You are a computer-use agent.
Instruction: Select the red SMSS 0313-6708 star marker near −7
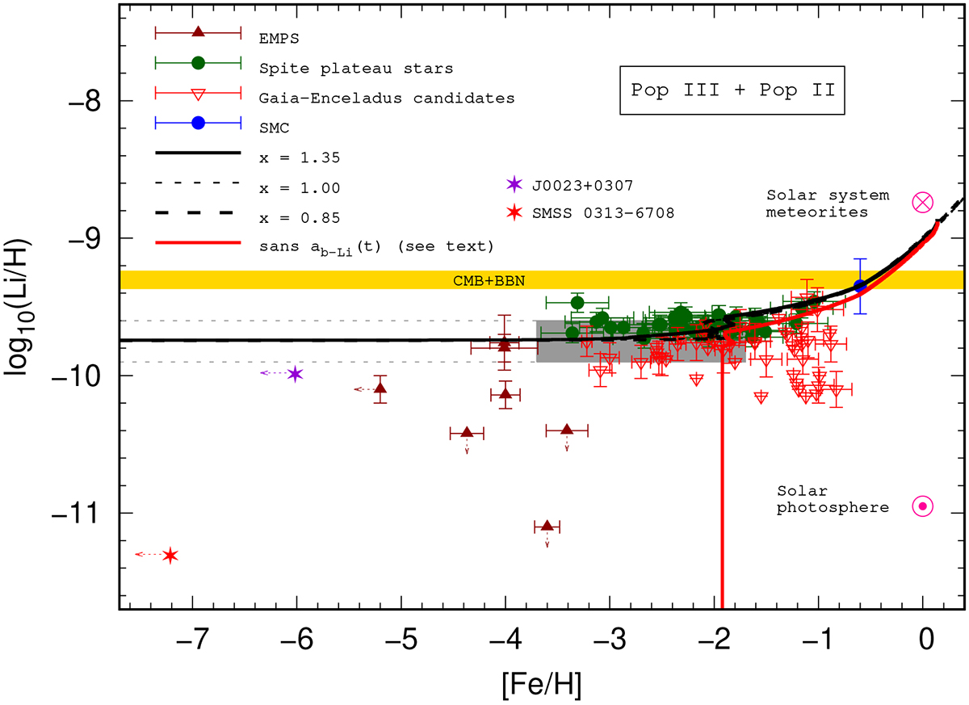[x=170, y=555]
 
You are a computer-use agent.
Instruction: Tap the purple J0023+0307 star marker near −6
[x=295, y=374]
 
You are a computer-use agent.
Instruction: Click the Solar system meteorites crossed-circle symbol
[x=922, y=203]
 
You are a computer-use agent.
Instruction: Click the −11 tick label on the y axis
[x=84, y=514]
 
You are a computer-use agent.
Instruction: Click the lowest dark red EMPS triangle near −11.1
[x=547, y=526]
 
